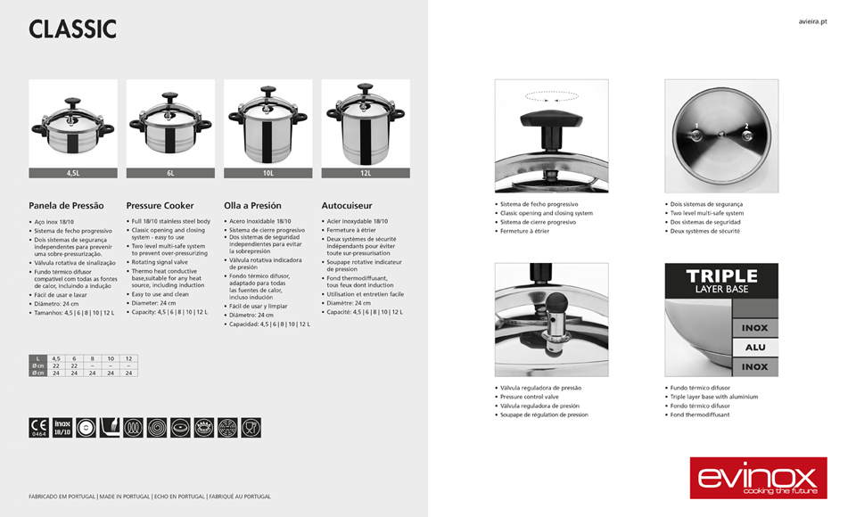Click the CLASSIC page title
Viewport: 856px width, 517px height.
pos(72,29)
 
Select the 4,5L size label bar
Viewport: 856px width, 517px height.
pos(73,173)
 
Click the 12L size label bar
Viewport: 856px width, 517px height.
pos(366,173)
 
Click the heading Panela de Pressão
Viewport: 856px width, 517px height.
pos(67,206)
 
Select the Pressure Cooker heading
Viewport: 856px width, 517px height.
pos(160,206)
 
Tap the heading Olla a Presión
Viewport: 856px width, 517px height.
pos(252,206)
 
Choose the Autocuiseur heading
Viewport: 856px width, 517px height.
pos(347,206)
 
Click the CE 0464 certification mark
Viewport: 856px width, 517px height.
pos(39,427)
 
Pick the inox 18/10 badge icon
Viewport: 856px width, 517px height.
pos(62,427)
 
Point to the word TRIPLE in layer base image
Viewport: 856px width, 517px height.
pos(721,276)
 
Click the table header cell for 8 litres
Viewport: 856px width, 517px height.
pos(92,358)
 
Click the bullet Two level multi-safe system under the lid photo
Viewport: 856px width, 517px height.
pos(707,213)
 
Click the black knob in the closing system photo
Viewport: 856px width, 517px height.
pos(551,116)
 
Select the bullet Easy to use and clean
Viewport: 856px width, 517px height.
pos(160,294)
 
